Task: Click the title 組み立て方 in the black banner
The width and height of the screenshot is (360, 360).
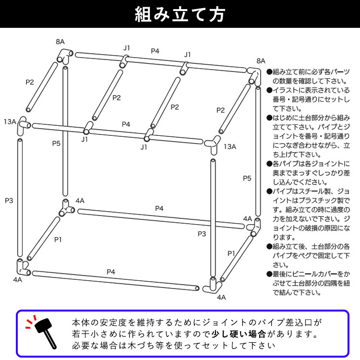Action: click(180, 14)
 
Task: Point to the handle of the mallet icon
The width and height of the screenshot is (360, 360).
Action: click(50, 339)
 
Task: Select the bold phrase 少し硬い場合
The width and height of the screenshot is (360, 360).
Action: click(239, 334)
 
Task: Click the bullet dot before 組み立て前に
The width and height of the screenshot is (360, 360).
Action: click(269, 72)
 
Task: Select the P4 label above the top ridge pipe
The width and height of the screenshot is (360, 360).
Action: click(155, 51)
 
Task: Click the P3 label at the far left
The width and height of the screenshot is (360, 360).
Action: click(9, 201)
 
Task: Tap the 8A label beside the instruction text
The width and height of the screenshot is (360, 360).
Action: click(261, 61)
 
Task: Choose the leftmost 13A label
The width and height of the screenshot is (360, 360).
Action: click(10, 122)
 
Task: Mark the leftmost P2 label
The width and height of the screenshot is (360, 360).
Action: click(30, 82)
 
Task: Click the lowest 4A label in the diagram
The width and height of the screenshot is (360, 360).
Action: click(221, 297)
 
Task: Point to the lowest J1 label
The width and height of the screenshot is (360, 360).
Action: click(144, 147)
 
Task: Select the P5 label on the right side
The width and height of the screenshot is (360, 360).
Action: click(247, 178)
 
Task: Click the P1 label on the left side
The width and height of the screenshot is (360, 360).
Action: click(58, 240)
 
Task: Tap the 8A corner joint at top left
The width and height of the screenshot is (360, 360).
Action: click(65, 56)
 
